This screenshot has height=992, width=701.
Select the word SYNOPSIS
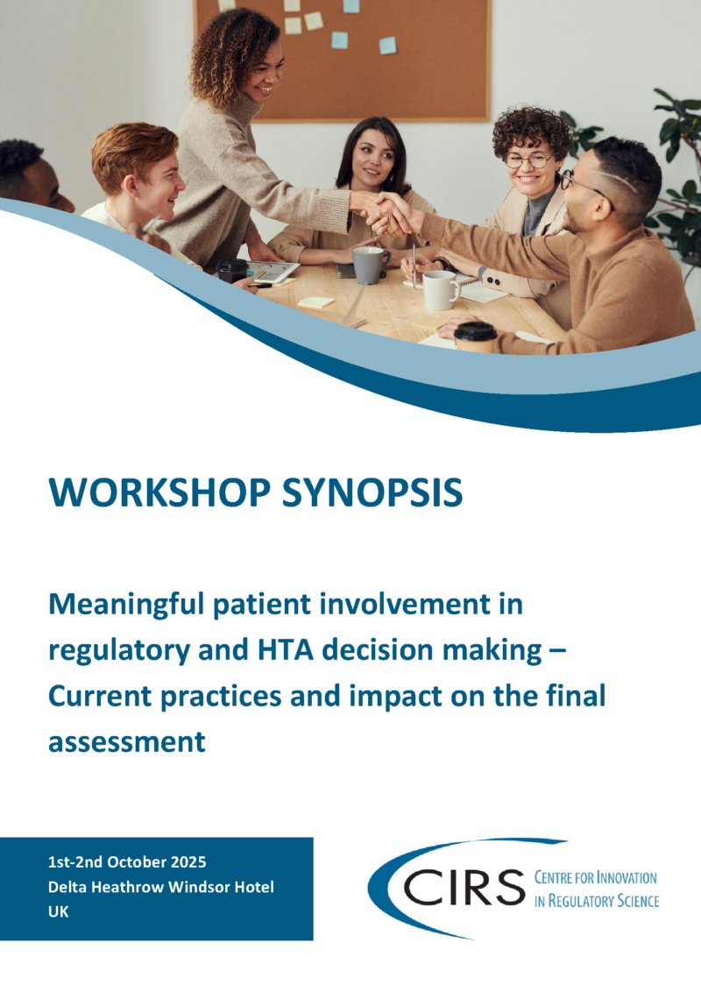coord(382,493)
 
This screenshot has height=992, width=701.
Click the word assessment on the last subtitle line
coord(127,741)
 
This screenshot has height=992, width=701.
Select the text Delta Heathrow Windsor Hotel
coord(160,887)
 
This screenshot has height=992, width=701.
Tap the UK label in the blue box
coord(58,911)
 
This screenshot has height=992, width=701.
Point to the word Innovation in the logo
coord(626,877)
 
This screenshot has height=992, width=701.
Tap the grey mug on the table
coord(369,264)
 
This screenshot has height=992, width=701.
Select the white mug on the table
coord(440,289)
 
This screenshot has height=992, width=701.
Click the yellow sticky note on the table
coord(316,301)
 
